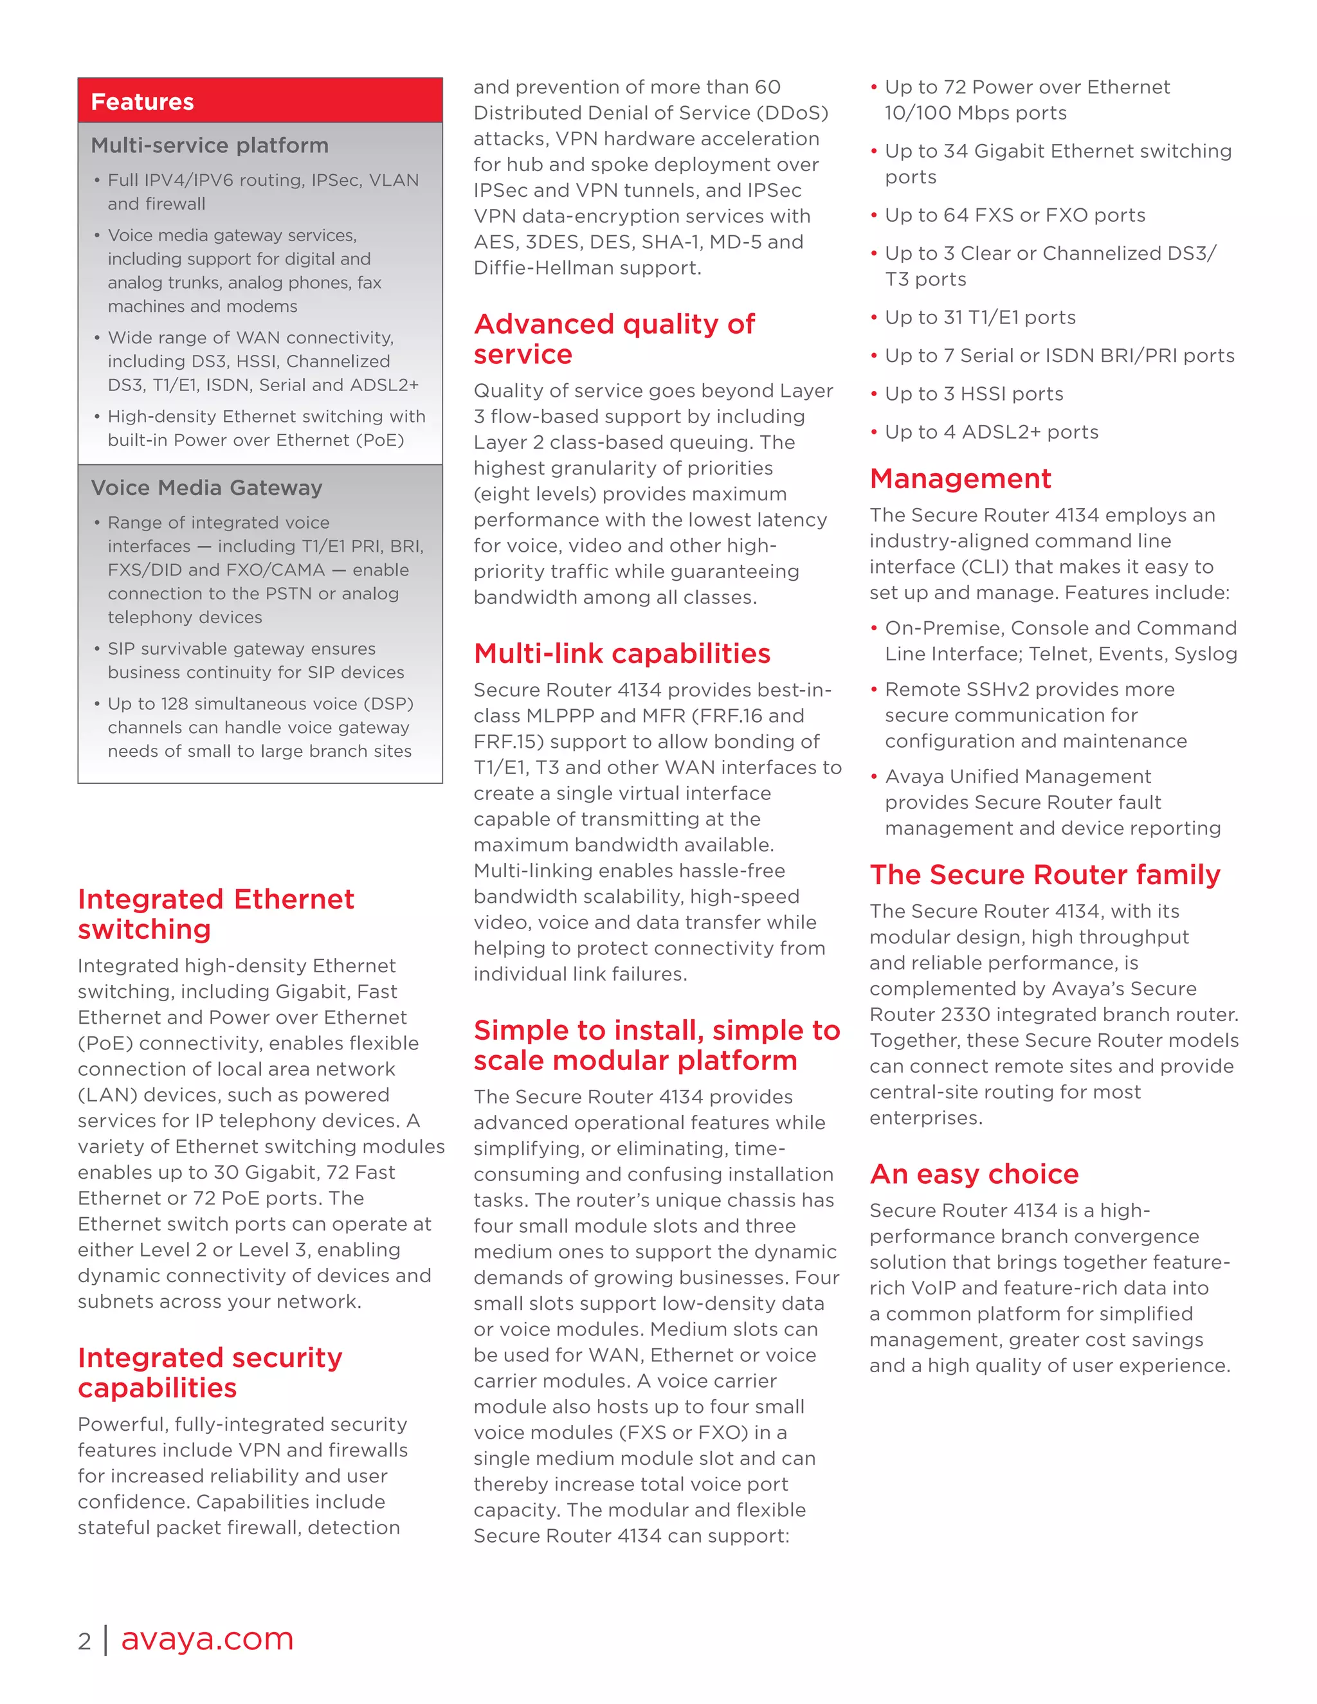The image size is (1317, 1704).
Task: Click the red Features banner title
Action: [142, 102]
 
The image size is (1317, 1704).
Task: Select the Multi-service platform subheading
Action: [209, 146]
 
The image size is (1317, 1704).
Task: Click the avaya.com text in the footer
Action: [207, 1638]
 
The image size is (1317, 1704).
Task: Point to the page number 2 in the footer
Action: [84, 1642]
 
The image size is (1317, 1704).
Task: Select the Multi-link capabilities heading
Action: [621, 654]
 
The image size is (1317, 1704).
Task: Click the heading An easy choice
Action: [974, 1174]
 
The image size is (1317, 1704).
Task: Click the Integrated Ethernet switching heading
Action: [215, 914]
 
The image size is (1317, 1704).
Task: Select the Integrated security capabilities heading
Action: [209, 1373]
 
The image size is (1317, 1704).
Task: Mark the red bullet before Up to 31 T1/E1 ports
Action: [874, 318]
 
